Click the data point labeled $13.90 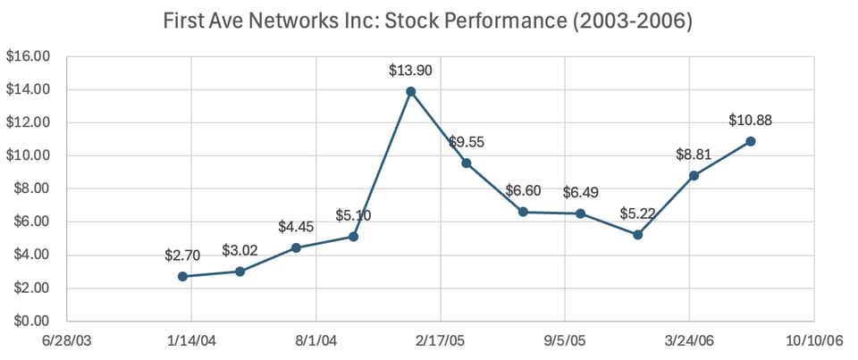(x=410, y=91)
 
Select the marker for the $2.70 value (x=182, y=276)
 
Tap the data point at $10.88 (x=751, y=141)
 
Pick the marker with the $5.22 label (x=637, y=235)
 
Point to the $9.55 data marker (x=467, y=163)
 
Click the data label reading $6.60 (x=523, y=191)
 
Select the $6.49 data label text (x=580, y=193)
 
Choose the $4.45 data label (x=296, y=226)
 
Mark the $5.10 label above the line (x=353, y=215)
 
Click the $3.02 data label (x=240, y=249)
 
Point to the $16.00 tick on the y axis (x=29, y=56)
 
